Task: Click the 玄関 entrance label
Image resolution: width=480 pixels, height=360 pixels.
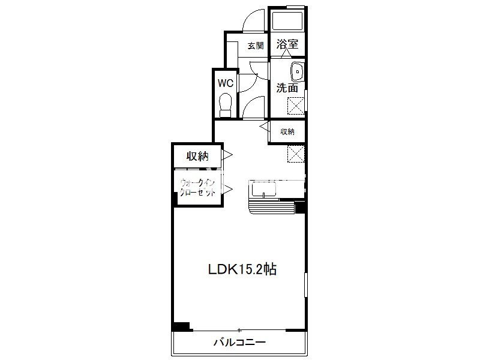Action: [256, 46]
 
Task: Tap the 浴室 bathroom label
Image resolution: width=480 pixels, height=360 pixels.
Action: [287, 44]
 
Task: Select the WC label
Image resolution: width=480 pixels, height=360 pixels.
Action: [226, 83]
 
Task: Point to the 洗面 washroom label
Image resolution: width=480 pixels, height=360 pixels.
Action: [287, 88]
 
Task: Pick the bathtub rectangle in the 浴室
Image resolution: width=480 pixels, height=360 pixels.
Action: [287, 21]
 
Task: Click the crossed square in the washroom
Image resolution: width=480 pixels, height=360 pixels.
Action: [296, 106]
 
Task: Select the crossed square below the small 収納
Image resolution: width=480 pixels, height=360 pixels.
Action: [296, 154]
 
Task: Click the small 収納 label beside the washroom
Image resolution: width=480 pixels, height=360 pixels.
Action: [287, 131]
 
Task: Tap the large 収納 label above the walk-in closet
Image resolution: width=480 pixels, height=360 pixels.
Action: [198, 156]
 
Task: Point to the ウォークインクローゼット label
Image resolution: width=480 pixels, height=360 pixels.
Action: [198, 188]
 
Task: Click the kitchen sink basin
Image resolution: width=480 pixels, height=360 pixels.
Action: [263, 190]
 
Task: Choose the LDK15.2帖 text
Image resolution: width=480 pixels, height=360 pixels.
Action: [242, 269]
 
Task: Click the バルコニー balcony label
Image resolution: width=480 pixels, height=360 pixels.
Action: [239, 342]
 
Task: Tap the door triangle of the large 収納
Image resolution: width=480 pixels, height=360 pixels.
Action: [228, 155]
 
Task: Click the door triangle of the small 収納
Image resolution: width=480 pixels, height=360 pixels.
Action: [265, 126]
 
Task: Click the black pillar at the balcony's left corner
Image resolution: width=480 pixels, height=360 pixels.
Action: [182, 326]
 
